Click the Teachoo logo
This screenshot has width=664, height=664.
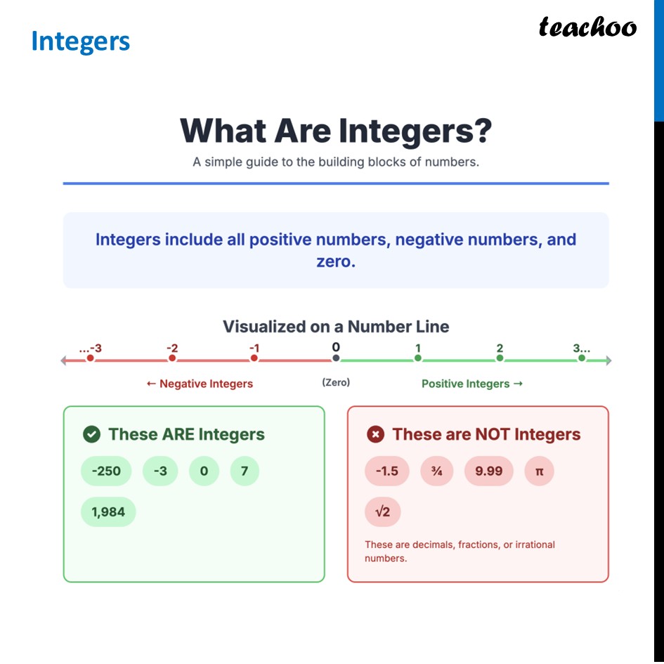pos(587,27)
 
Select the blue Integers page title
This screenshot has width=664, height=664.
pos(80,41)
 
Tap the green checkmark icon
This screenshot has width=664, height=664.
pos(91,434)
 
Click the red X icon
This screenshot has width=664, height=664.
pos(376,434)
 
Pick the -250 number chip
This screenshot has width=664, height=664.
pos(106,471)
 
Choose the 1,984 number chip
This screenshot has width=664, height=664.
pos(108,512)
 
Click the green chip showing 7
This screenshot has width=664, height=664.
pos(245,471)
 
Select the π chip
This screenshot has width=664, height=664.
pos(540,471)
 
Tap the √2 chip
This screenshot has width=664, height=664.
pos(382,512)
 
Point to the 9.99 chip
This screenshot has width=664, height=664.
pos(489,471)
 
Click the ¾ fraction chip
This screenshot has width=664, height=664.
pos(436,471)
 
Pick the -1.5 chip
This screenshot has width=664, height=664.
pos(386,471)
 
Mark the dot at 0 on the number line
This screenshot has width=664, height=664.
pos(336,358)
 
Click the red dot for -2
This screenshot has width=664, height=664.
pos(172,358)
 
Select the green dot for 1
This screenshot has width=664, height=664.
pos(418,358)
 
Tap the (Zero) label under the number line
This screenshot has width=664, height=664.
pos(336,382)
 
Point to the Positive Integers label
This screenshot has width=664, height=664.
pos(471,384)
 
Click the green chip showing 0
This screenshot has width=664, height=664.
pos(204,471)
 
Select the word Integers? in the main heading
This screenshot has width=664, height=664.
pos(415,131)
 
